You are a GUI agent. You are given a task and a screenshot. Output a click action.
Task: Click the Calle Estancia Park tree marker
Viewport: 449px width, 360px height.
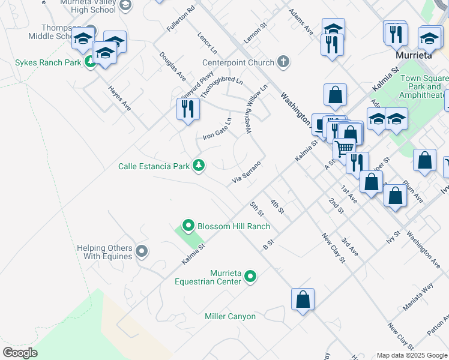point(198,166)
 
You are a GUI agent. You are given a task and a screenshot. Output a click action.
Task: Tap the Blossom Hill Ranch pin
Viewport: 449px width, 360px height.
point(188,226)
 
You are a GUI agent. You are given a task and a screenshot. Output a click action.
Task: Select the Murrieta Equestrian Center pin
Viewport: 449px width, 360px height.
point(250,277)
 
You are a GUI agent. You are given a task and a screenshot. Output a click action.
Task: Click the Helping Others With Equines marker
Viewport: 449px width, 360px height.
point(141,251)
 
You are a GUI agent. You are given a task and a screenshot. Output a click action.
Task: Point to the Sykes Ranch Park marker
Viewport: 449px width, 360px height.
point(90,61)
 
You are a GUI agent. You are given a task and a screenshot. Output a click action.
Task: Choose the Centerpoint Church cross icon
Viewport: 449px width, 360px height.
point(283,62)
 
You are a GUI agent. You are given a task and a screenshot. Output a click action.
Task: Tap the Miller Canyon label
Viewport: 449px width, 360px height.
point(230,316)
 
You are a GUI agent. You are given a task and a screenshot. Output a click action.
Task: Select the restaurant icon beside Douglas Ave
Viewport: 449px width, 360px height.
point(188,109)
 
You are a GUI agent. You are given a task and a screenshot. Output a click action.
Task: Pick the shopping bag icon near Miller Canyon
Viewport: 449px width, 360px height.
point(303,298)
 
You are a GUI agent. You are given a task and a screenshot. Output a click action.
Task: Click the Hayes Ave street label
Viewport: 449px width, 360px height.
point(119,97)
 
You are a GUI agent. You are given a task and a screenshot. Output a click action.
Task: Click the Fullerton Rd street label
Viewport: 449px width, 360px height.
point(182,19)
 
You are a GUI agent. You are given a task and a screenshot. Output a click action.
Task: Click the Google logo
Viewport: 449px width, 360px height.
point(20,352)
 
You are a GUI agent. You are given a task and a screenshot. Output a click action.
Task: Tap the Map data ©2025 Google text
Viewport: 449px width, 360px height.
point(412,355)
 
